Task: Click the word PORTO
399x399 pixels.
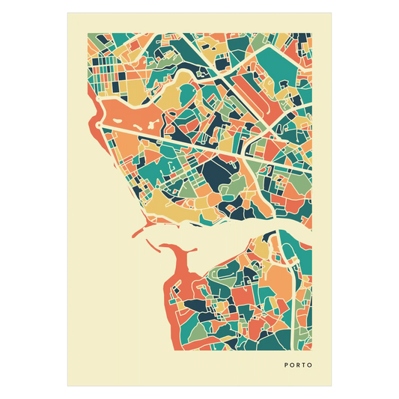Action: pyautogui.click(x=299, y=366)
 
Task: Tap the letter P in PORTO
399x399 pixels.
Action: pyautogui.click(x=287, y=366)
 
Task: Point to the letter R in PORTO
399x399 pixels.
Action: pyautogui.click(x=299, y=366)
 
